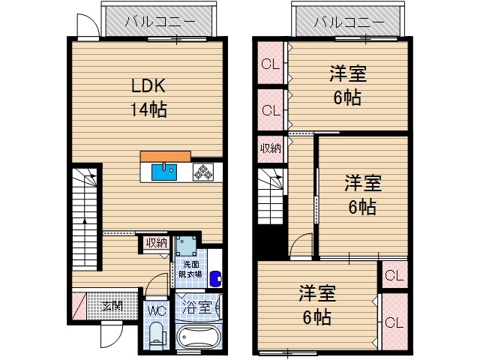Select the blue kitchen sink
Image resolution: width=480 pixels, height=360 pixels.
163,172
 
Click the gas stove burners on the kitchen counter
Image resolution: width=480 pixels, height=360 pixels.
203,172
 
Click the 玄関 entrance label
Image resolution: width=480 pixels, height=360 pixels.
112,306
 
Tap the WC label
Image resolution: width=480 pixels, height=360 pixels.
156,310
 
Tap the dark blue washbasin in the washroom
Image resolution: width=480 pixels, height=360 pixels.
216,277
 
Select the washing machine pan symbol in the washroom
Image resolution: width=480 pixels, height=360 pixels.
187,247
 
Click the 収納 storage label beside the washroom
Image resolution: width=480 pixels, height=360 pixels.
156,242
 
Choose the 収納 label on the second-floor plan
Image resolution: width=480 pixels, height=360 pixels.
270,148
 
